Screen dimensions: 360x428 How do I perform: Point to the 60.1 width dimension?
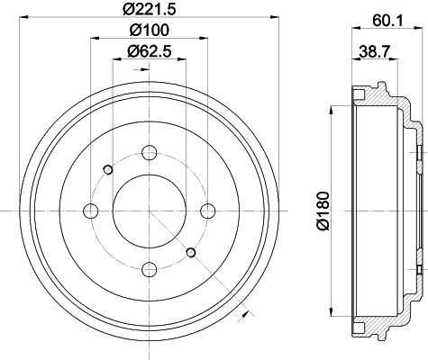point(384,16)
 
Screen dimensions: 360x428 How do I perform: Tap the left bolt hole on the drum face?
point(90,211)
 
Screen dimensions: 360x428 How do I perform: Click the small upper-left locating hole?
point(108,169)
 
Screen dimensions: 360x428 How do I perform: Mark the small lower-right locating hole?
point(190,252)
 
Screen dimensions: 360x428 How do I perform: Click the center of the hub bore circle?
point(149,211)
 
